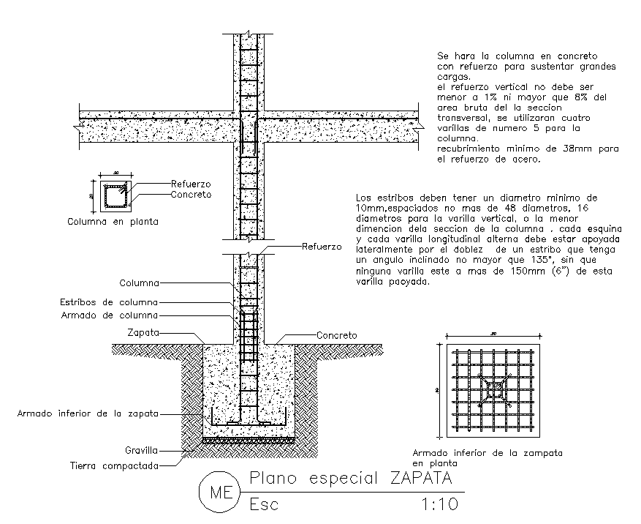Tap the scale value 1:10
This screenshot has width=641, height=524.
point(439,504)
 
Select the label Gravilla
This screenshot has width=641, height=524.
point(142,452)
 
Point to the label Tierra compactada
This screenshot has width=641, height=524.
point(114,465)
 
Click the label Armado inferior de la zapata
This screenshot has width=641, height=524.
point(88,413)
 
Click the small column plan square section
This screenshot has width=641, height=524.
point(113,197)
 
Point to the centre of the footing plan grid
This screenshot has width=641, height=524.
point(494,389)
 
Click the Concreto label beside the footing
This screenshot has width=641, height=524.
point(336,335)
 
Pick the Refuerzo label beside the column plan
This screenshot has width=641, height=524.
point(191,184)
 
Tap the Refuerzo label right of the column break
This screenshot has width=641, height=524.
point(322,247)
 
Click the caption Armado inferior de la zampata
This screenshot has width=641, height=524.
point(488,453)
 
